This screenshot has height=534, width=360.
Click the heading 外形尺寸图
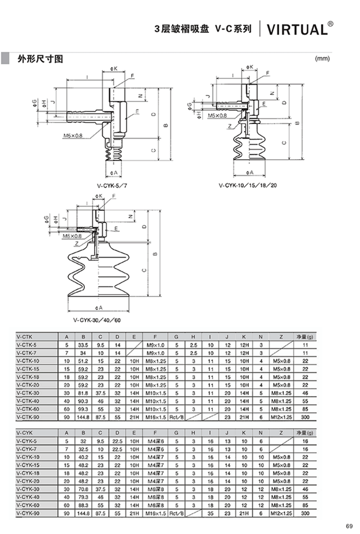[x=40, y=59]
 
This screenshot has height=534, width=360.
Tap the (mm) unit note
[x=322, y=59]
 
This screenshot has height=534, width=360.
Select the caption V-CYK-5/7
[x=112, y=186]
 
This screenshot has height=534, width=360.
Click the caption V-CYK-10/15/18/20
[x=248, y=186]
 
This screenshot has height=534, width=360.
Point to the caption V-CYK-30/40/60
[x=97, y=320]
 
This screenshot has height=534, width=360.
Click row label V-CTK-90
[x=28, y=417]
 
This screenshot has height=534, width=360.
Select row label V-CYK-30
[x=28, y=489]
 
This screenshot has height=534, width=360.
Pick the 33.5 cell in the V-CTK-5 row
[x=83, y=345]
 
